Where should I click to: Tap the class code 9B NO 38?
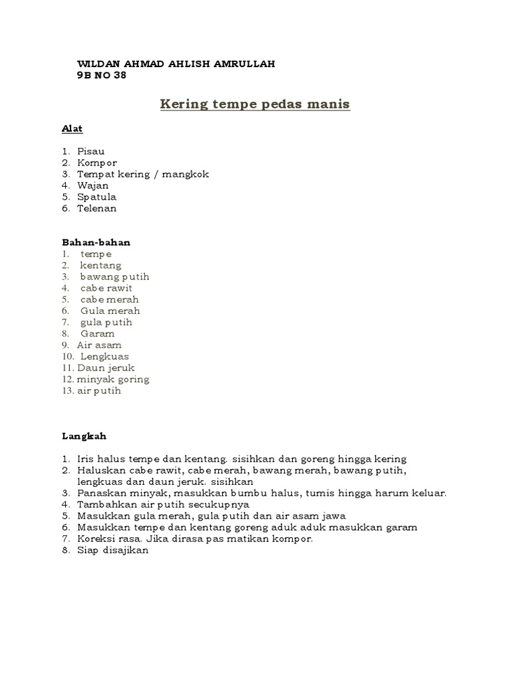click(102, 74)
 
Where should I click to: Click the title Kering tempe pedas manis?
click(255, 104)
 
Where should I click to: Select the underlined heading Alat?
click(73, 128)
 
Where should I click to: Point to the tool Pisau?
click(91, 152)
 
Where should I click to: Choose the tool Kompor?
click(97, 163)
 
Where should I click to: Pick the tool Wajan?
click(92, 186)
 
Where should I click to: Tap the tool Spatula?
click(97, 197)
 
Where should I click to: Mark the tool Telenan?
click(97, 208)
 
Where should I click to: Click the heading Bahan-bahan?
click(96, 242)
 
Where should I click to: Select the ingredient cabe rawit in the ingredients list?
click(106, 288)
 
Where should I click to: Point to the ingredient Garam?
click(98, 333)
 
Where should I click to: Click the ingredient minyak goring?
click(113, 379)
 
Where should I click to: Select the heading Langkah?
click(85, 436)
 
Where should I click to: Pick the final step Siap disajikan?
click(113, 550)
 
